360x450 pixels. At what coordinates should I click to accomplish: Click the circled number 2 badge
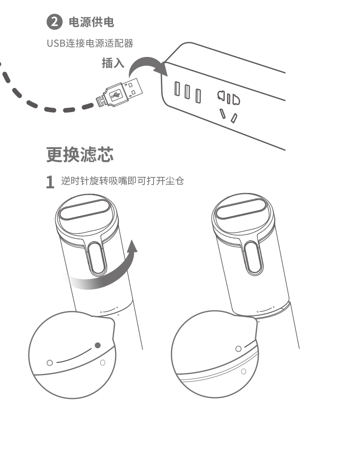[55, 22]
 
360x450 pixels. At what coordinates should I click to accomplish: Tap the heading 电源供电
[92, 22]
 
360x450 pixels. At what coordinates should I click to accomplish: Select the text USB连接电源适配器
[90, 43]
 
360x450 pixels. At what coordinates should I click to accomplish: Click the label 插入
[113, 63]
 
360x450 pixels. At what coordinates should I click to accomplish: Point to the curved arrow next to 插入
[147, 61]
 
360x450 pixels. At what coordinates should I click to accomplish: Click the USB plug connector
[119, 93]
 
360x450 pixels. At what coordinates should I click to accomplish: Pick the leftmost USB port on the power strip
[177, 88]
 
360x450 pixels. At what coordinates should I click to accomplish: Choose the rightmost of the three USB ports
[198, 96]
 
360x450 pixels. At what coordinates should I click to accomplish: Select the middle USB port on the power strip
[187, 92]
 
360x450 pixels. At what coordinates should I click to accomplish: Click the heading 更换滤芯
[80, 155]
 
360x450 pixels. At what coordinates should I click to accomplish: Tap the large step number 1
[50, 182]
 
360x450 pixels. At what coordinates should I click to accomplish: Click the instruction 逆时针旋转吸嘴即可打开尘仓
[123, 181]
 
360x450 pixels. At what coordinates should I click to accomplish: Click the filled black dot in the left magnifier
[98, 345]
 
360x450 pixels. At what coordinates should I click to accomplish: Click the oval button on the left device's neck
[97, 258]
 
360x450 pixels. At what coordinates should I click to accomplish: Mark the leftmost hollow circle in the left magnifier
[50, 363]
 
